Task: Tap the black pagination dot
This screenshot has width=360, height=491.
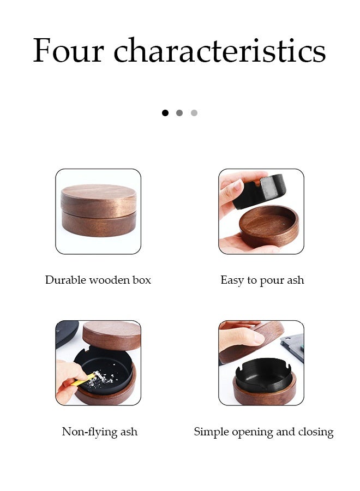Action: [165, 113]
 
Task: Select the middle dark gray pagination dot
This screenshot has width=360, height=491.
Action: [179, 113]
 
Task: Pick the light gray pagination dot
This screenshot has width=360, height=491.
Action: [194, 113]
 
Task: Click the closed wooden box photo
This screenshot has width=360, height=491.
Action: [98, 211]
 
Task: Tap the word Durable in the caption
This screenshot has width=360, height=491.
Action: [65, 280]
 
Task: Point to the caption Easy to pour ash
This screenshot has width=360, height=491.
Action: [262, 280]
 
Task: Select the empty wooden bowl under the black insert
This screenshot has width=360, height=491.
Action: [269, 225]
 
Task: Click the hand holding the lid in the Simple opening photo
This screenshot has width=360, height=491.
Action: [240, 337]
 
